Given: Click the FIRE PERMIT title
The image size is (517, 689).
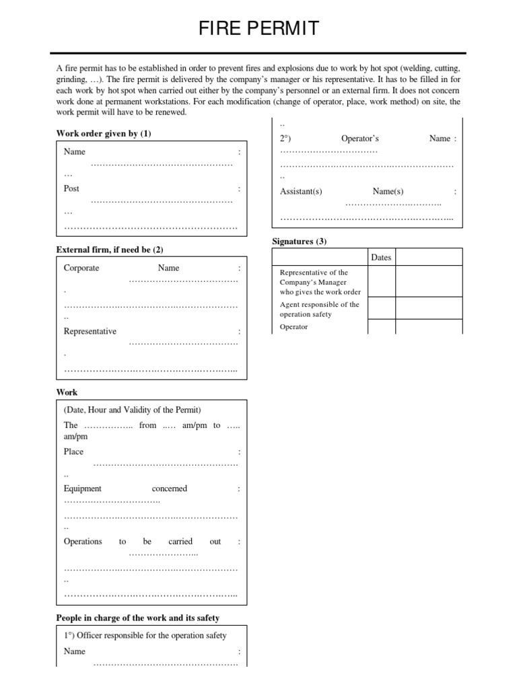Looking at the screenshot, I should click(x=258, y=29).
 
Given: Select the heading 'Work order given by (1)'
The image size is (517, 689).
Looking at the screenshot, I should click(x=104, y=134).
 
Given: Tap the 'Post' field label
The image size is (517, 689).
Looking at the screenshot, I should click(x=71, y=189).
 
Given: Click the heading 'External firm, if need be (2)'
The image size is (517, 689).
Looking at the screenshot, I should click(x=110, y=250).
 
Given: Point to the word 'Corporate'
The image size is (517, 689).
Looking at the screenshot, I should click(x=81, y=268).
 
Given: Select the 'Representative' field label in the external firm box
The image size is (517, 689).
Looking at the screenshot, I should click(x=90, y=331).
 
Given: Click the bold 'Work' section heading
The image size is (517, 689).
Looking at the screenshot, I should click(x=67, y=392).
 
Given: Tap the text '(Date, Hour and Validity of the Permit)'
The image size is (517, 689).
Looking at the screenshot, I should click(x=133, y=410).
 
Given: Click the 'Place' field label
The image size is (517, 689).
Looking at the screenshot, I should click(x=73, y=451).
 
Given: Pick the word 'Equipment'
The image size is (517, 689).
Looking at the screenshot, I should click(x=83, y=488).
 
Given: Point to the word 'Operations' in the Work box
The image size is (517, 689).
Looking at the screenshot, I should click(x=83, y=541).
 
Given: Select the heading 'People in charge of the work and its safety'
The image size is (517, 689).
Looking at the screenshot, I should click(x=138, y=618).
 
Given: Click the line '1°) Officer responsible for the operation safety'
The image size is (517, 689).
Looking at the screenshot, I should click(x=145, y=635).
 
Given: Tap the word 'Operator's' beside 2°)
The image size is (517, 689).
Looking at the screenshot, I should click(x=360, y=139).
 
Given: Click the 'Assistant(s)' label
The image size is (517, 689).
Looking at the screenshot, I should click(x=301, y=192).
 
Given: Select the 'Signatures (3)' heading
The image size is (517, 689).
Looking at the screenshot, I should click(x=299, y=241).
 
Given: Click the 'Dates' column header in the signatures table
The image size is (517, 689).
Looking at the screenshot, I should click(x=381, y=257).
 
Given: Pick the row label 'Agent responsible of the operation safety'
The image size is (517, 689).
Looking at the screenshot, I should click(x=320, y=310).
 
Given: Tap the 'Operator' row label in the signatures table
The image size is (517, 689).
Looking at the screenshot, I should click(x=294, y=327).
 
